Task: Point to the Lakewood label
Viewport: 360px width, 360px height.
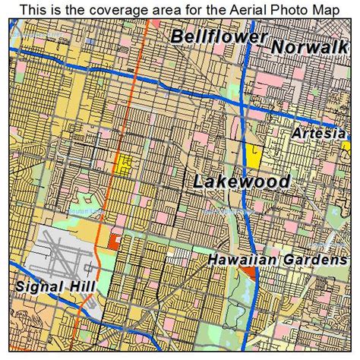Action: pos(242,182)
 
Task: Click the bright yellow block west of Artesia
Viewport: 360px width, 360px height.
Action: pos(254,156)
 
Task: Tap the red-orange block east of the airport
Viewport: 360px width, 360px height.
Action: pos(114,241)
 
